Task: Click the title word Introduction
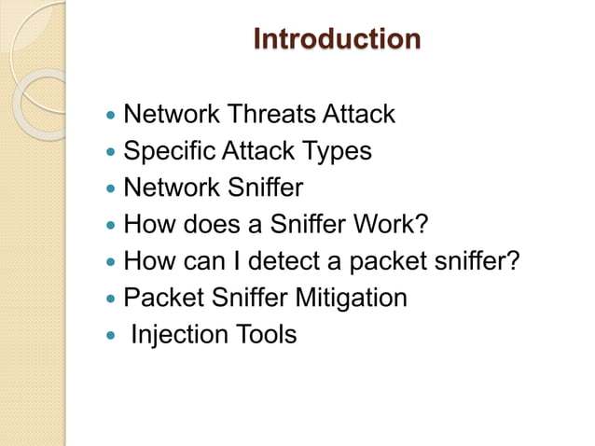(337, 40)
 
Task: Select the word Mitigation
(351, 298)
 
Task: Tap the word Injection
(177, 334)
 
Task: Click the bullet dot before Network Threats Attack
(112, 117)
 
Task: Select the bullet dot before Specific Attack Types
(112, 153)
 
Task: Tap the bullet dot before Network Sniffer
(112, 189)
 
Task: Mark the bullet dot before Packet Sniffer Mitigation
(112, 300)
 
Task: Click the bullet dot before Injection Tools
(112, 336)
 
